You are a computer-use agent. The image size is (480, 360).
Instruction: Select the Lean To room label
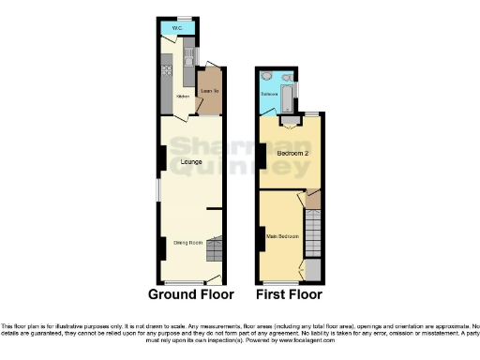pos(209,91)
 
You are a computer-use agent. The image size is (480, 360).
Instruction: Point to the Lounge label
pos(180,163)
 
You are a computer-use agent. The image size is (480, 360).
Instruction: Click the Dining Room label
pos(187,244)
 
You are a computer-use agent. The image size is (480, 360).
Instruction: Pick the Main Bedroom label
pos(282,236)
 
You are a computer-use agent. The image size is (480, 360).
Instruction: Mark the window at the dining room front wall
pos(185,283)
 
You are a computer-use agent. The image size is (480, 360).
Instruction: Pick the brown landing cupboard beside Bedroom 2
pos(314,199)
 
